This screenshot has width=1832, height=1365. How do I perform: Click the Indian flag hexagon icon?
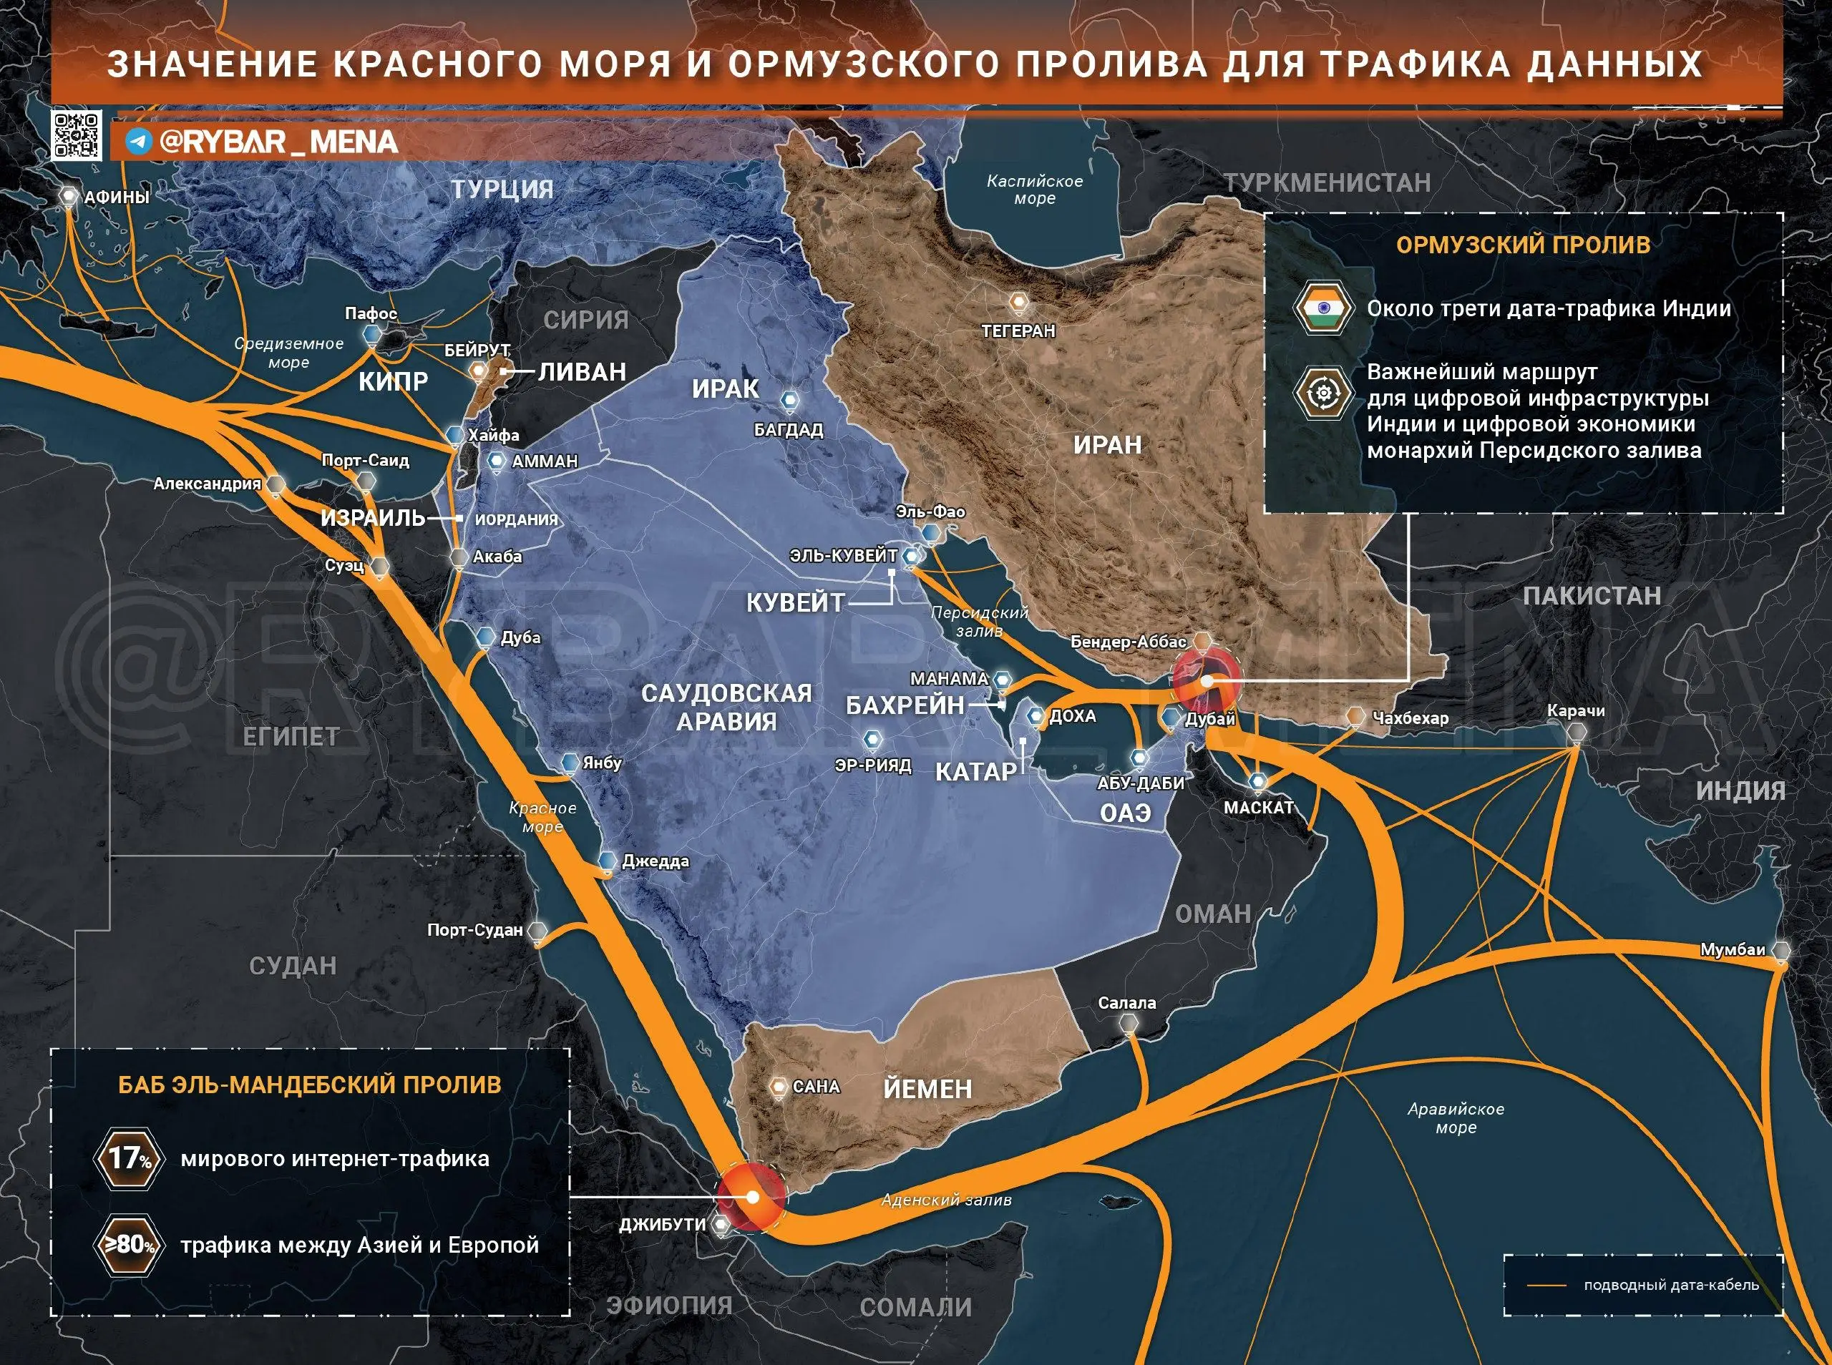[1323, 308]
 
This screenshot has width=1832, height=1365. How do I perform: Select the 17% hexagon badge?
[128, 1158]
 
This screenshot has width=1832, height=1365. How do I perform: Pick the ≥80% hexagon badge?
[128, 1244]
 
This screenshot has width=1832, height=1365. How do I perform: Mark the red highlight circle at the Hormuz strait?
[1207, 679]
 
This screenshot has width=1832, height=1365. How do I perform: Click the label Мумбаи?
[1732, 950]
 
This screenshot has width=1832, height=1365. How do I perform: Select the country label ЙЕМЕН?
[927, 1089]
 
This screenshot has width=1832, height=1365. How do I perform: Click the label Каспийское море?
[1035, 189]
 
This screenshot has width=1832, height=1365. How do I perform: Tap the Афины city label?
[117, 197]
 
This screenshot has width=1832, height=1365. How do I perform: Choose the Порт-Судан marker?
[537, 931]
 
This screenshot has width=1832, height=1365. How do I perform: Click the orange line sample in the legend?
[1546, 1286]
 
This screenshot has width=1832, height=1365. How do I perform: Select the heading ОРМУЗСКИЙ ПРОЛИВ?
[1523, 245]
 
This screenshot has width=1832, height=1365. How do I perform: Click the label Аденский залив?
[945, 1200]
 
